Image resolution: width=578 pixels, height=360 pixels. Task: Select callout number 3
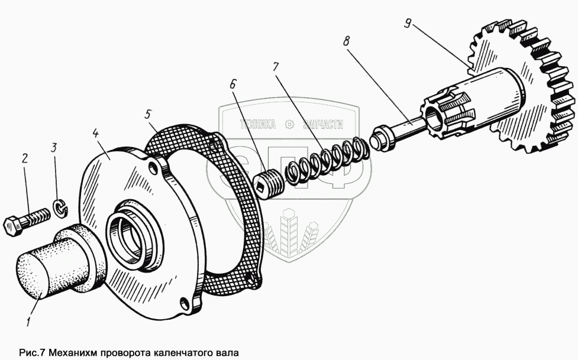(x=54, y=147)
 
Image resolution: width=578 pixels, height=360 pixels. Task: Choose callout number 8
(x=345, y=41)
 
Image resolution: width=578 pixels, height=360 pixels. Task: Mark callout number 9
(x=407, y=23)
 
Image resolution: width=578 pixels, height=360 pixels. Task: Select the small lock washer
(x=60, y=207)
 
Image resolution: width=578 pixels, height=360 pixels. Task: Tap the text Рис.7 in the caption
(x=33, y=352)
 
